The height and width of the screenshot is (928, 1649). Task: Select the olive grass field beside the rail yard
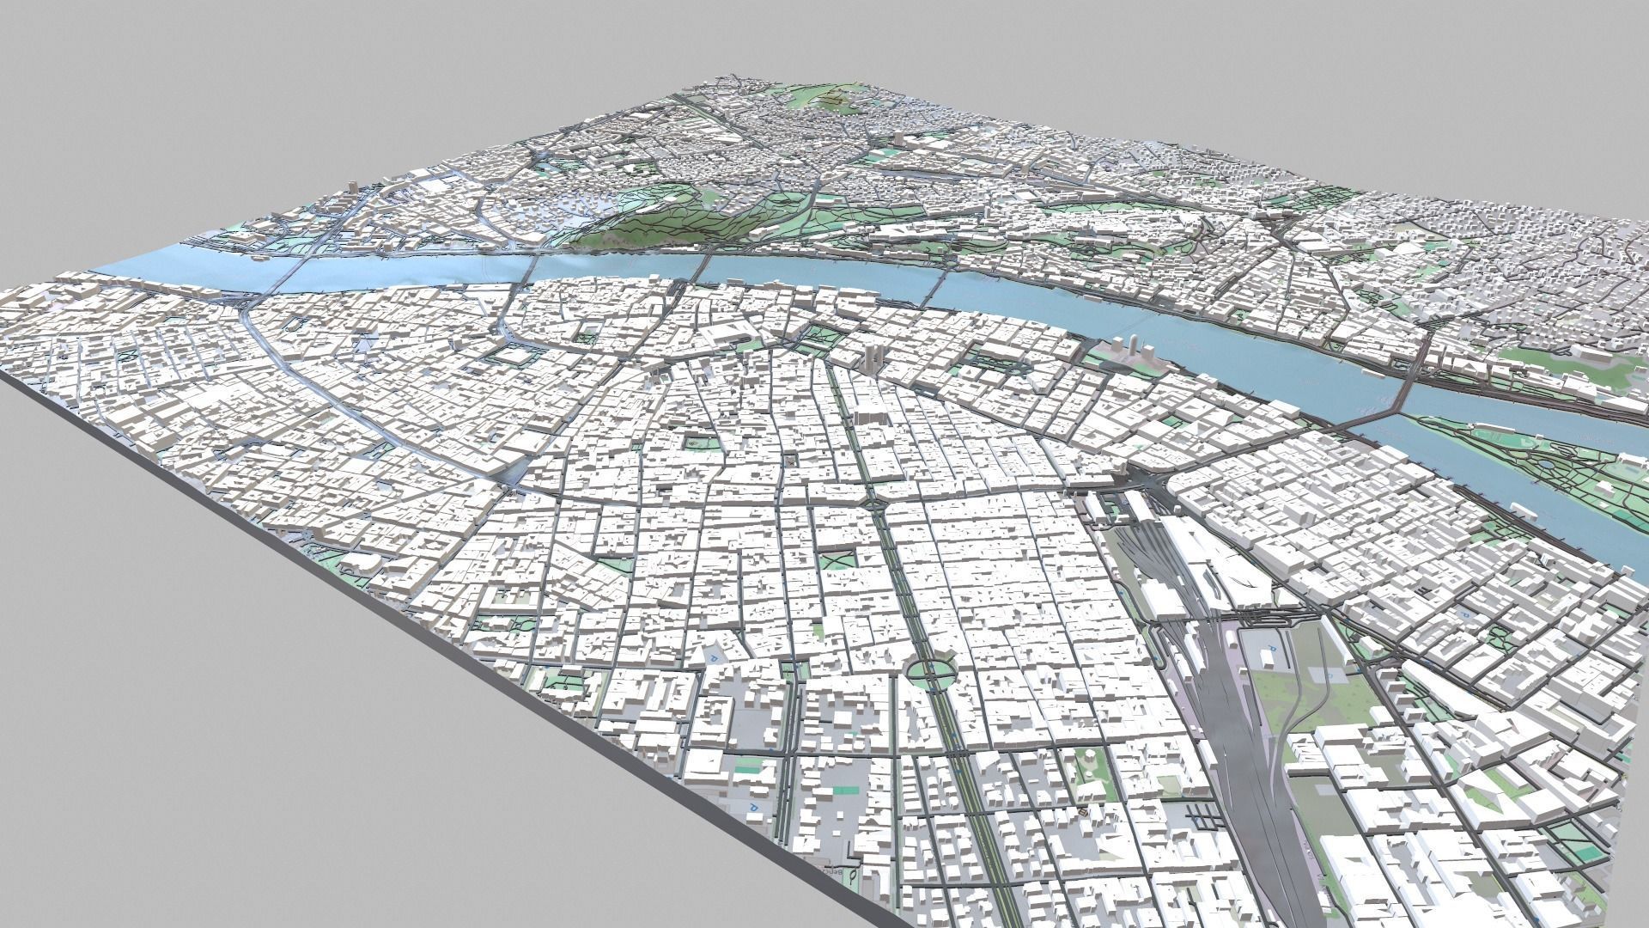[1288, 687]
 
